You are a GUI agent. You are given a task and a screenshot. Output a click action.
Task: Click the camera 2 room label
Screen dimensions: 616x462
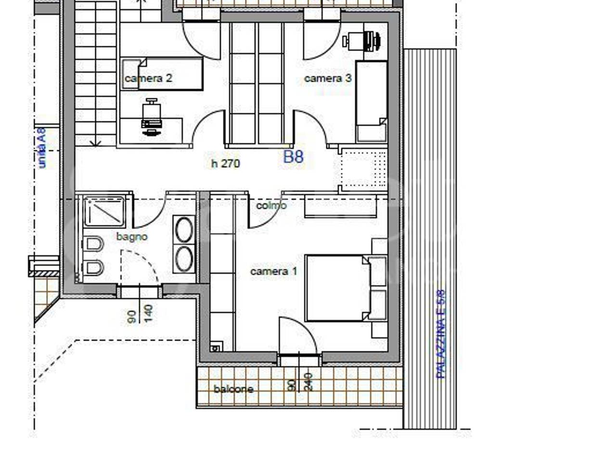[148, 78]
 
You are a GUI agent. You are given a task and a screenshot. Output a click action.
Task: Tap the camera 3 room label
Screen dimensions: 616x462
[328, 78]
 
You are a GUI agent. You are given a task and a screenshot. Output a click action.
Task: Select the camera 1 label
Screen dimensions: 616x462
[274, 271]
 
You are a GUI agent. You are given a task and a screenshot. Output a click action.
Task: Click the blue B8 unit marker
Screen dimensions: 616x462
[294, 157]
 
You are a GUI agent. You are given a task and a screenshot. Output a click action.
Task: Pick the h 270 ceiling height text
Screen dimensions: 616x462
[226, 163]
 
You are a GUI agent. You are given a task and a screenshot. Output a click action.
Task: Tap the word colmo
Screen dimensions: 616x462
[271, 205]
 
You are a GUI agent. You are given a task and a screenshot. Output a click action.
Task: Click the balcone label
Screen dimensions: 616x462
[233, 389]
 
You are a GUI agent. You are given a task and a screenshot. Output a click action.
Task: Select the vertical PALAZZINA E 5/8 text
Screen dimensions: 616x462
[441, 334]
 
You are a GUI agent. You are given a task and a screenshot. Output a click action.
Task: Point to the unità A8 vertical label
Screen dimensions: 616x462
[41, 148]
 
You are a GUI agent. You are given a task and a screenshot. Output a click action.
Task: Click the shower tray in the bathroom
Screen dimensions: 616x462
[104, 211]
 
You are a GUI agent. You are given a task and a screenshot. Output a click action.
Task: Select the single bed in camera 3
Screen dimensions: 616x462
[372, 101]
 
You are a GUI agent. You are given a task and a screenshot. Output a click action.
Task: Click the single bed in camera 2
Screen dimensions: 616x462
[162, 74]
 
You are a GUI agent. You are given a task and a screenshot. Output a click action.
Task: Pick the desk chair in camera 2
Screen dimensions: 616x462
[152, 116]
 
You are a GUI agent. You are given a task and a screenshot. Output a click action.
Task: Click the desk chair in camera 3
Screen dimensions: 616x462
[362, 41]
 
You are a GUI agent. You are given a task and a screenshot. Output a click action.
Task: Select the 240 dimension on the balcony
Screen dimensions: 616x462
[308, 382]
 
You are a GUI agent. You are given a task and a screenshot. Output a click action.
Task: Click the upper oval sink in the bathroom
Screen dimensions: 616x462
[184, 230]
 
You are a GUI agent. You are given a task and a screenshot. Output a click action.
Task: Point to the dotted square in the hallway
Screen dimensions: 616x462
[364, 169]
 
